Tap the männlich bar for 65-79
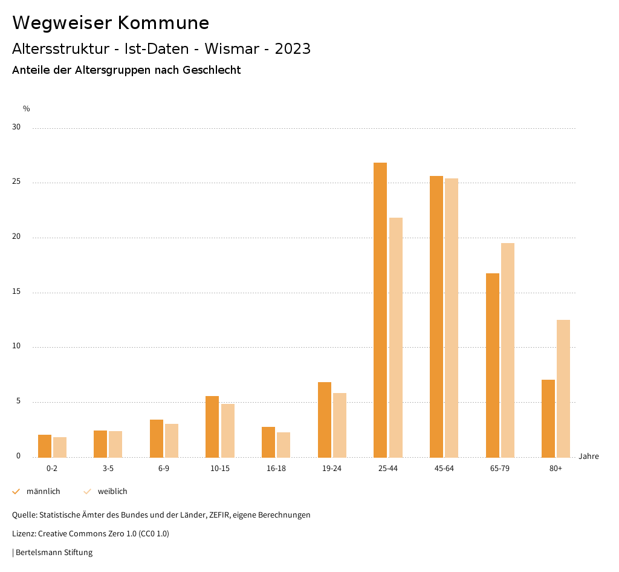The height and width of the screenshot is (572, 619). tap(493, 365)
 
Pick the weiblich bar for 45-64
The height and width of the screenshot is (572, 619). tap(452, 317)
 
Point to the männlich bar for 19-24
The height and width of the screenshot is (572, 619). tap(325, 420)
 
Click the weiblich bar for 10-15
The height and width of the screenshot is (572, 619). tap(228, 431)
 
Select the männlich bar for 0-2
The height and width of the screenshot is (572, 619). tap(45, 446)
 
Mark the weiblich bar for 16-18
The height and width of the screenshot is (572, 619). tap(284, 444)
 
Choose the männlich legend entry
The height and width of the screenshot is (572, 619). tap(43, 492)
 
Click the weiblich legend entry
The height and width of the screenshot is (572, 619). tap(112, 492)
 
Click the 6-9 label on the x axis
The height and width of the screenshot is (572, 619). tap(164, 469)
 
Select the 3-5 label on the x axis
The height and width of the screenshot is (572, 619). tap(108, 469)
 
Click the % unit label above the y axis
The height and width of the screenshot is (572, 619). tap(27, 109)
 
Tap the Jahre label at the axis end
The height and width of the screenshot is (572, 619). tap(588, 457)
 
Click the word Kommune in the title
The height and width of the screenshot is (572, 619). tap(163, 23)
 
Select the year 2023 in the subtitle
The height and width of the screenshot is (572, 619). tap(293, 49)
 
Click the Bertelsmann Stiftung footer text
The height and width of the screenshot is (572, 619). tap(54, 553)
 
